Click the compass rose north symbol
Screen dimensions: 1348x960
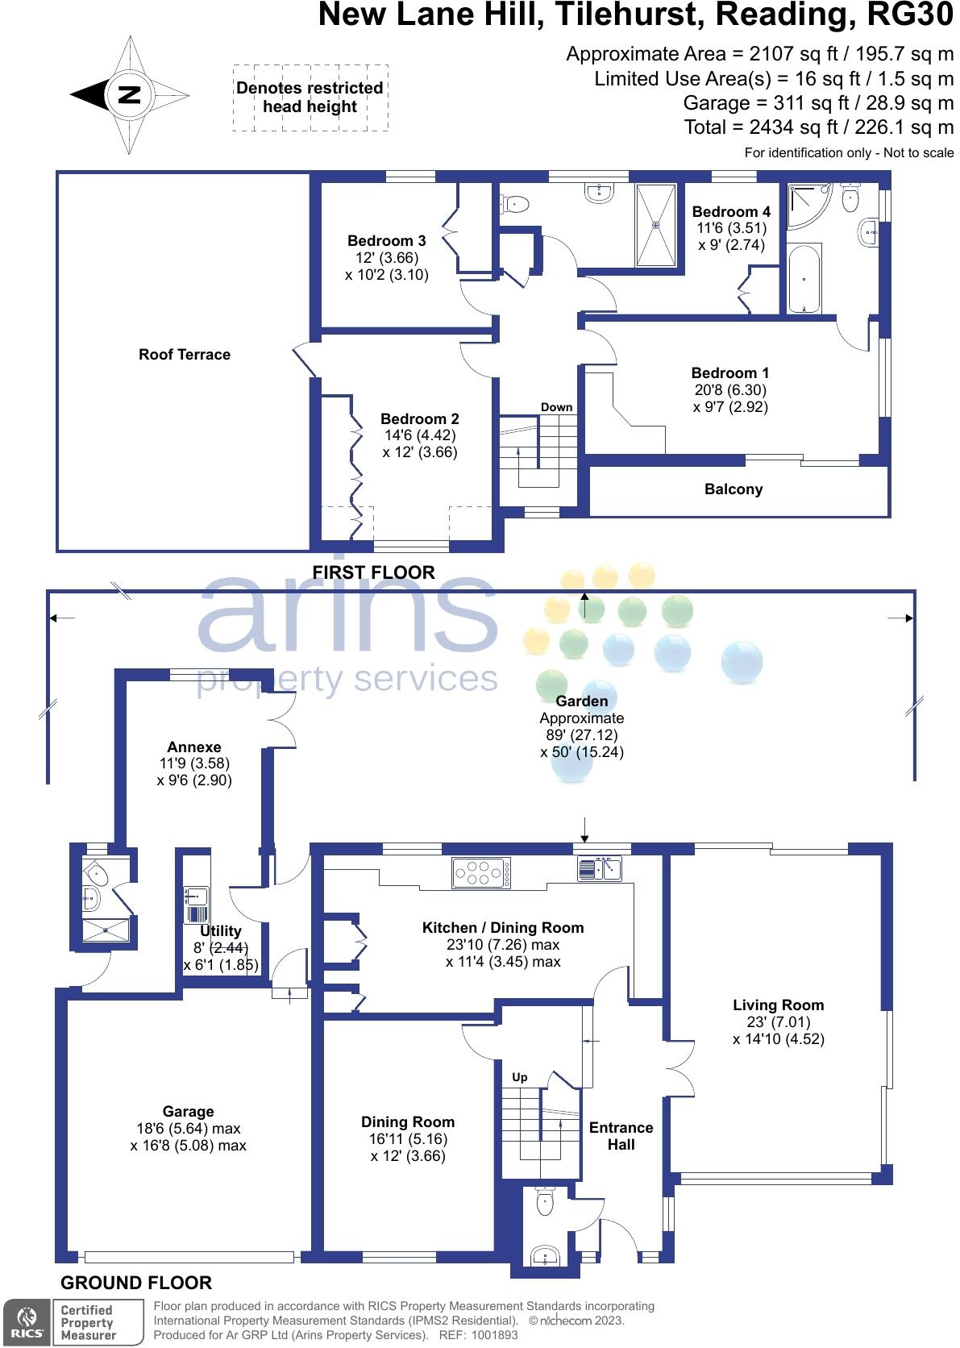(129, 95)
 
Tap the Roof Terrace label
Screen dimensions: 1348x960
(185, 355)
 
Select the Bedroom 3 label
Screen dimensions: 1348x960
(386, 240)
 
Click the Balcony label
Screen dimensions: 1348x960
(733, 489)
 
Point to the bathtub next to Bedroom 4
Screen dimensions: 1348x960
(804, 279)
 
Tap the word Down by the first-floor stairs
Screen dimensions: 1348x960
(556, 407)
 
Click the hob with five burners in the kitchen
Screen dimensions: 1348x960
(482, 873)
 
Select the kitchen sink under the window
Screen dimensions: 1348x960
(600, 868)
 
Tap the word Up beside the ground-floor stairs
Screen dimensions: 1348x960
(520, 1077)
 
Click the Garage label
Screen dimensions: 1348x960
(188, 1112)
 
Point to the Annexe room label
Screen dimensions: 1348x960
(193, 747)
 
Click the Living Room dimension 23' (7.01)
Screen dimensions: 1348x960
(778, 1022)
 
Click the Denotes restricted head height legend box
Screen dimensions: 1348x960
(310, 98)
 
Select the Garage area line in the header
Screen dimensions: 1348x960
(818, 103)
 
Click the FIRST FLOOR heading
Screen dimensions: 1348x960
(373, 572)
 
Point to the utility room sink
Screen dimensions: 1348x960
(197, 896)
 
